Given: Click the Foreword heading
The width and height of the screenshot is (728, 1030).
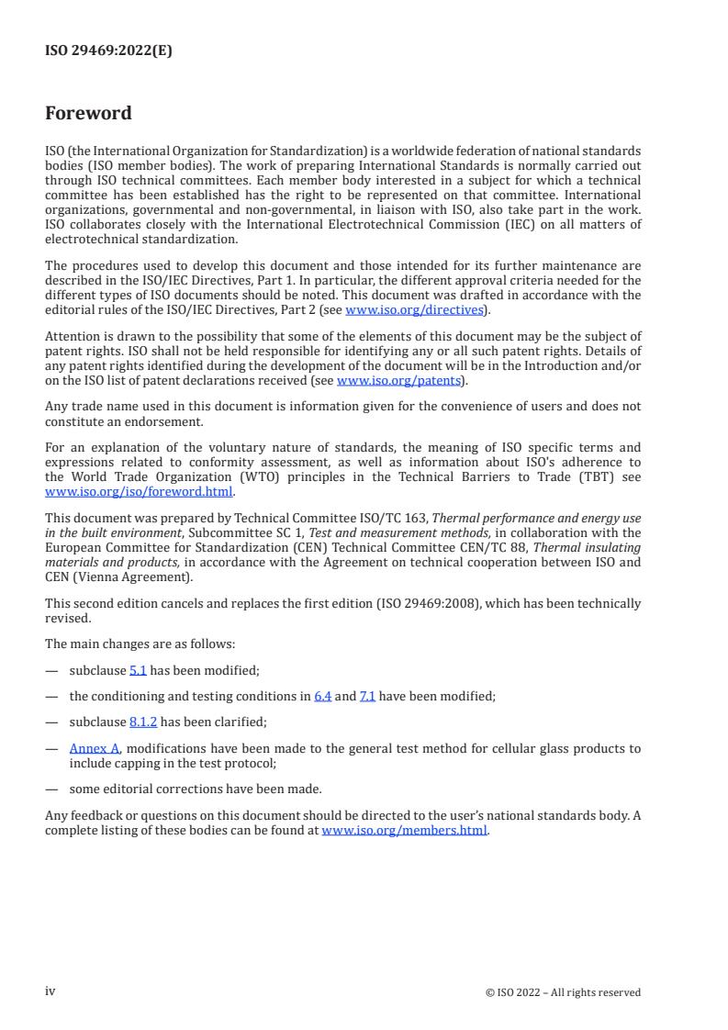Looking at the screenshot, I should pos(88,114).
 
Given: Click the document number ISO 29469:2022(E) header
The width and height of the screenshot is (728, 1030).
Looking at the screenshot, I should pos(108,51).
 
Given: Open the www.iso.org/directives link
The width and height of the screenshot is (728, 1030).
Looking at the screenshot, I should pos(414,309).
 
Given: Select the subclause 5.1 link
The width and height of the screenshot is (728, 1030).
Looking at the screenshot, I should pos(138,670).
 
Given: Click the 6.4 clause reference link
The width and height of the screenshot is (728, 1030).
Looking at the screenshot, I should pos(322,696).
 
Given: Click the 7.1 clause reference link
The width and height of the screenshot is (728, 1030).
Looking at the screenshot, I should pos(367,696).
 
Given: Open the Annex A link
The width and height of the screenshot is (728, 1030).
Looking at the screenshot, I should pos(95,748).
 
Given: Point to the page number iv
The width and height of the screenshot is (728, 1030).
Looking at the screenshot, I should pos(50,991).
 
